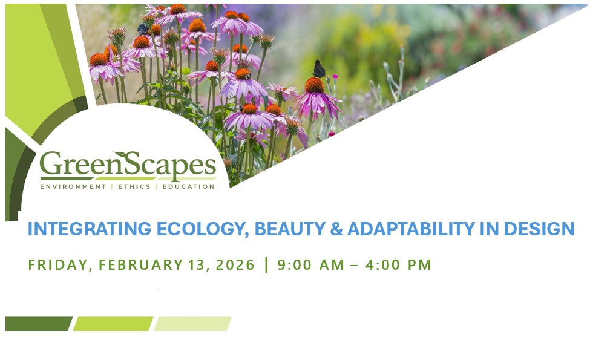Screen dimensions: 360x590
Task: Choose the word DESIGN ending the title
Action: [539, 229]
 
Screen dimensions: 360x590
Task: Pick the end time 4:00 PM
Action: [398, 265]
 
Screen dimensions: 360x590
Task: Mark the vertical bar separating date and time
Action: [266, 265]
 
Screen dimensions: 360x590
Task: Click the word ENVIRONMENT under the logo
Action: [73, 186]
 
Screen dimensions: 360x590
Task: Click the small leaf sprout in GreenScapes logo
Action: [124, 156]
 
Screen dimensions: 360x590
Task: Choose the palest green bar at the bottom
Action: [192, 324]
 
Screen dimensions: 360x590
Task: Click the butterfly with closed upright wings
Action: [319, 69]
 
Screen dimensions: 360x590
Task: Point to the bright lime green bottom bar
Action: [113, 324]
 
